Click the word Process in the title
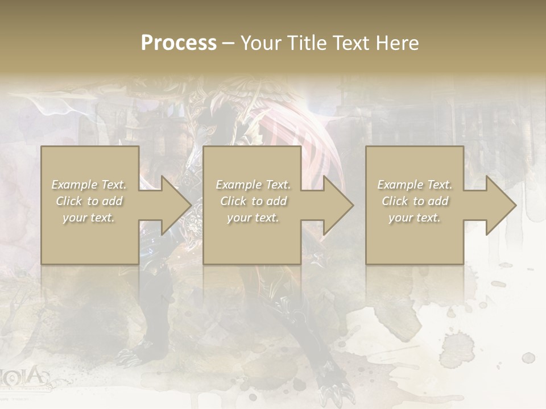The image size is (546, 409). tap(179, 43)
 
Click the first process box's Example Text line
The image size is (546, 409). tap(89, 185)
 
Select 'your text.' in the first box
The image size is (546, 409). tap(89, 218)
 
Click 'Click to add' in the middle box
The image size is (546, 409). tap(253, 201)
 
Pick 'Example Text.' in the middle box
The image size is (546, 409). tap(253, 185)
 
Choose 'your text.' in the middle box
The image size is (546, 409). tap(253, 218)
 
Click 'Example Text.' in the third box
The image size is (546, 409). tap(415, 185)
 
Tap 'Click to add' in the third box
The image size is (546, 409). tap(415, 201)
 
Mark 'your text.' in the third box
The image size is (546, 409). tap(415, 218)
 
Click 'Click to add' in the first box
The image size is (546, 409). tap(89, 201)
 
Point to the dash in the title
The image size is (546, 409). tap(228, 43)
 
